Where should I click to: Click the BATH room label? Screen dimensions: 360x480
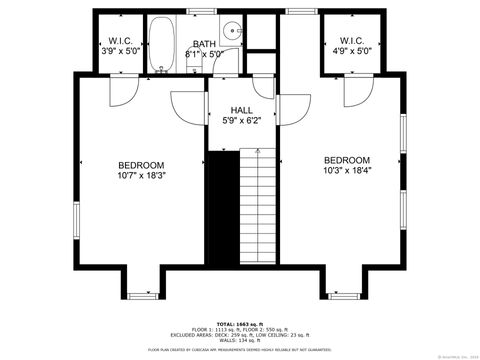pyautogui.click(x=204, y=43)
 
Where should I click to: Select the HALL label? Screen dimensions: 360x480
pyautogui.click(x=241, y=110)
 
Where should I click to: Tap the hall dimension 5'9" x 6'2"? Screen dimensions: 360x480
pyautogui.click(x=241, y=121)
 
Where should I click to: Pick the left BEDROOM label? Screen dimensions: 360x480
pyautogui.click(x=141, y=165)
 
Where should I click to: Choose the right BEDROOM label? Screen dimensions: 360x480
pyautogui.click(x=346, y=160)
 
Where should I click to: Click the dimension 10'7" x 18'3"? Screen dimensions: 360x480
pyautogui.click(x=141, y=176)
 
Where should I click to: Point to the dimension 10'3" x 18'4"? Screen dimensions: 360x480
pyautogui.click(x=346, y=171)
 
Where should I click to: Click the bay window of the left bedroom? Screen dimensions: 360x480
pyautogui.click(x=142, y=292)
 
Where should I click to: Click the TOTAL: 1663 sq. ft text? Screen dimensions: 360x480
pyautogui.click(x=240, y=323)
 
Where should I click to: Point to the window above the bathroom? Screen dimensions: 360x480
pyautogui.click(x=202, y=11)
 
